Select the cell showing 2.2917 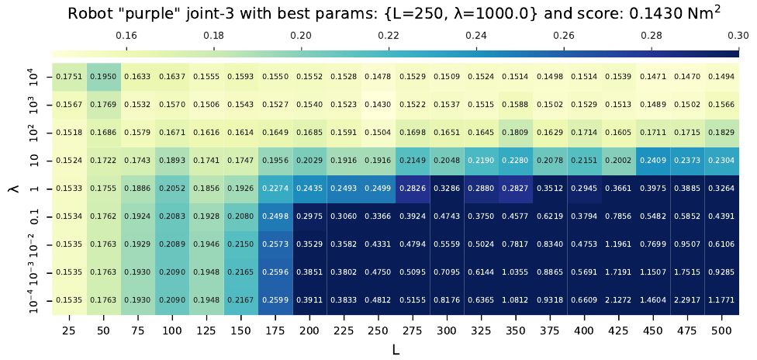coord(686,300)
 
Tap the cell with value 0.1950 coord(104,77)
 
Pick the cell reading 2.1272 coord(618,300)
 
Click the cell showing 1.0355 coord(515,272)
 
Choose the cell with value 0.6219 coord(550,216)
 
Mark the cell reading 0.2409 coord(652,161)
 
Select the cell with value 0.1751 coord(70,77)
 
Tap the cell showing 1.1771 coord(721,300)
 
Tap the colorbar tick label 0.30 coord(738,35)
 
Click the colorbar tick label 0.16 coord(126,35)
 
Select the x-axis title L coord(395,349)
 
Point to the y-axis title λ coord(12,189)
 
